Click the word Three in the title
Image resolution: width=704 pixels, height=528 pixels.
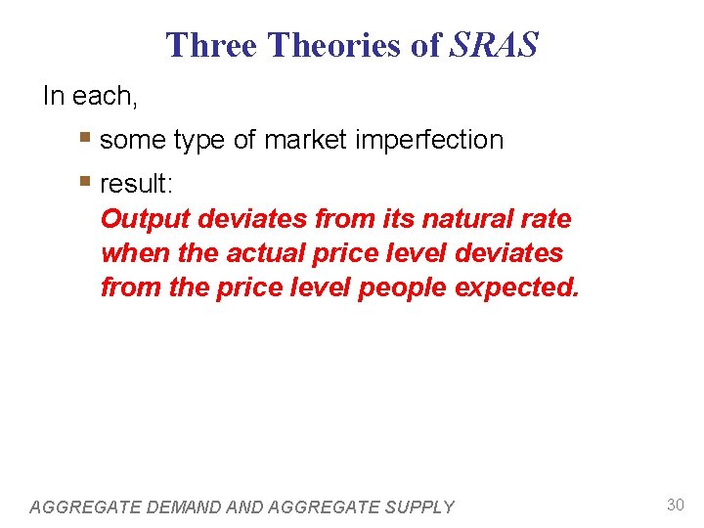[211, 45]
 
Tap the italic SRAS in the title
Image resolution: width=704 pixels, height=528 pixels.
[494, 45]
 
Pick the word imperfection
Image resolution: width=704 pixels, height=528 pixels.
[438, 141]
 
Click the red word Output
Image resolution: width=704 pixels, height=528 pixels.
[145, 219]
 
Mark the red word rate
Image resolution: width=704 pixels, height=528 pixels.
[547, 218]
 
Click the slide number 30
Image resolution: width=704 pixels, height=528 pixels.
[675, 505]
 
